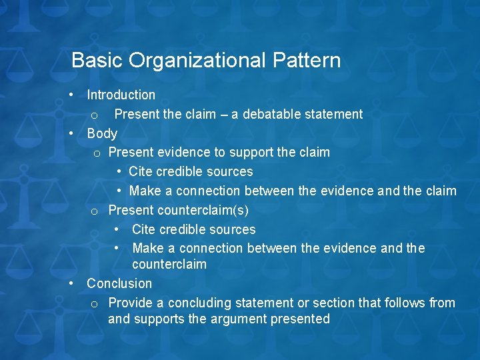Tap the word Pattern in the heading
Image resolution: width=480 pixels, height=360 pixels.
(307, 61)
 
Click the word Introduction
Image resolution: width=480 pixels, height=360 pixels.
(121, 95)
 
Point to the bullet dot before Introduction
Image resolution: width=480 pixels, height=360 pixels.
(71, 95)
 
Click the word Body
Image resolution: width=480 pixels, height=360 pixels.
(102, 133)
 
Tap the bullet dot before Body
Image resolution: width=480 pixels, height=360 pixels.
(71, 133)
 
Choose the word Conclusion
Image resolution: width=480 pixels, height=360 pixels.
(119, 283)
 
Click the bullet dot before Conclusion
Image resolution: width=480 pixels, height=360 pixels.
(71, 283)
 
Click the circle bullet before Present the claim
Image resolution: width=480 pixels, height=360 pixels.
(96, 115)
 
